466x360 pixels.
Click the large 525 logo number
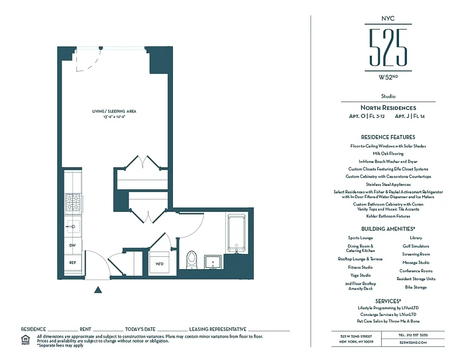tap(388, 47)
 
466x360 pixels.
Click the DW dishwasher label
tap(72, 246)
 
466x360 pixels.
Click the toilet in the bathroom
tap(191, 260)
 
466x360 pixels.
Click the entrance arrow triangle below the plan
tap(98, 290)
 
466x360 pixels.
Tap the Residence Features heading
tap(388, 137)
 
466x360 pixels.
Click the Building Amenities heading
tap(388, 229)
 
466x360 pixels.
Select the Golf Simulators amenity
tap(416, 246)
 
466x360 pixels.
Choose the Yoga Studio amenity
tap(360, 275)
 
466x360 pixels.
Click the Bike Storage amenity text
tap(416, 287)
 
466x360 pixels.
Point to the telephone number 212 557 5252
tap(413, 335)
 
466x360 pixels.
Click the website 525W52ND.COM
tap(413, 342)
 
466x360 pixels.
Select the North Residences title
tap(388, 108)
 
